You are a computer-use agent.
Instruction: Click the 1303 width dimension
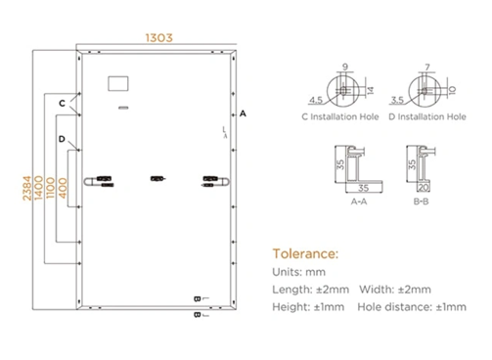point(158,38)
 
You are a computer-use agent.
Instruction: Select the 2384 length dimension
point(27,188)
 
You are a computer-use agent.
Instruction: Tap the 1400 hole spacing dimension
point(38,188)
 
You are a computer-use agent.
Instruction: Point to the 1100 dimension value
point(50,188)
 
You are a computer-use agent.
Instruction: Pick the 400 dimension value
point(63,188)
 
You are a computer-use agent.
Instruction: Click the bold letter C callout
point(62,104)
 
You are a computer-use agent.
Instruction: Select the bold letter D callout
point(62,139)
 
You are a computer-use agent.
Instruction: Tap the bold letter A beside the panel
point(243,113)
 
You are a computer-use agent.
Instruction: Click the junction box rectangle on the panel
point(118,83)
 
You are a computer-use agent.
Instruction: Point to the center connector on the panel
point(158,178)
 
